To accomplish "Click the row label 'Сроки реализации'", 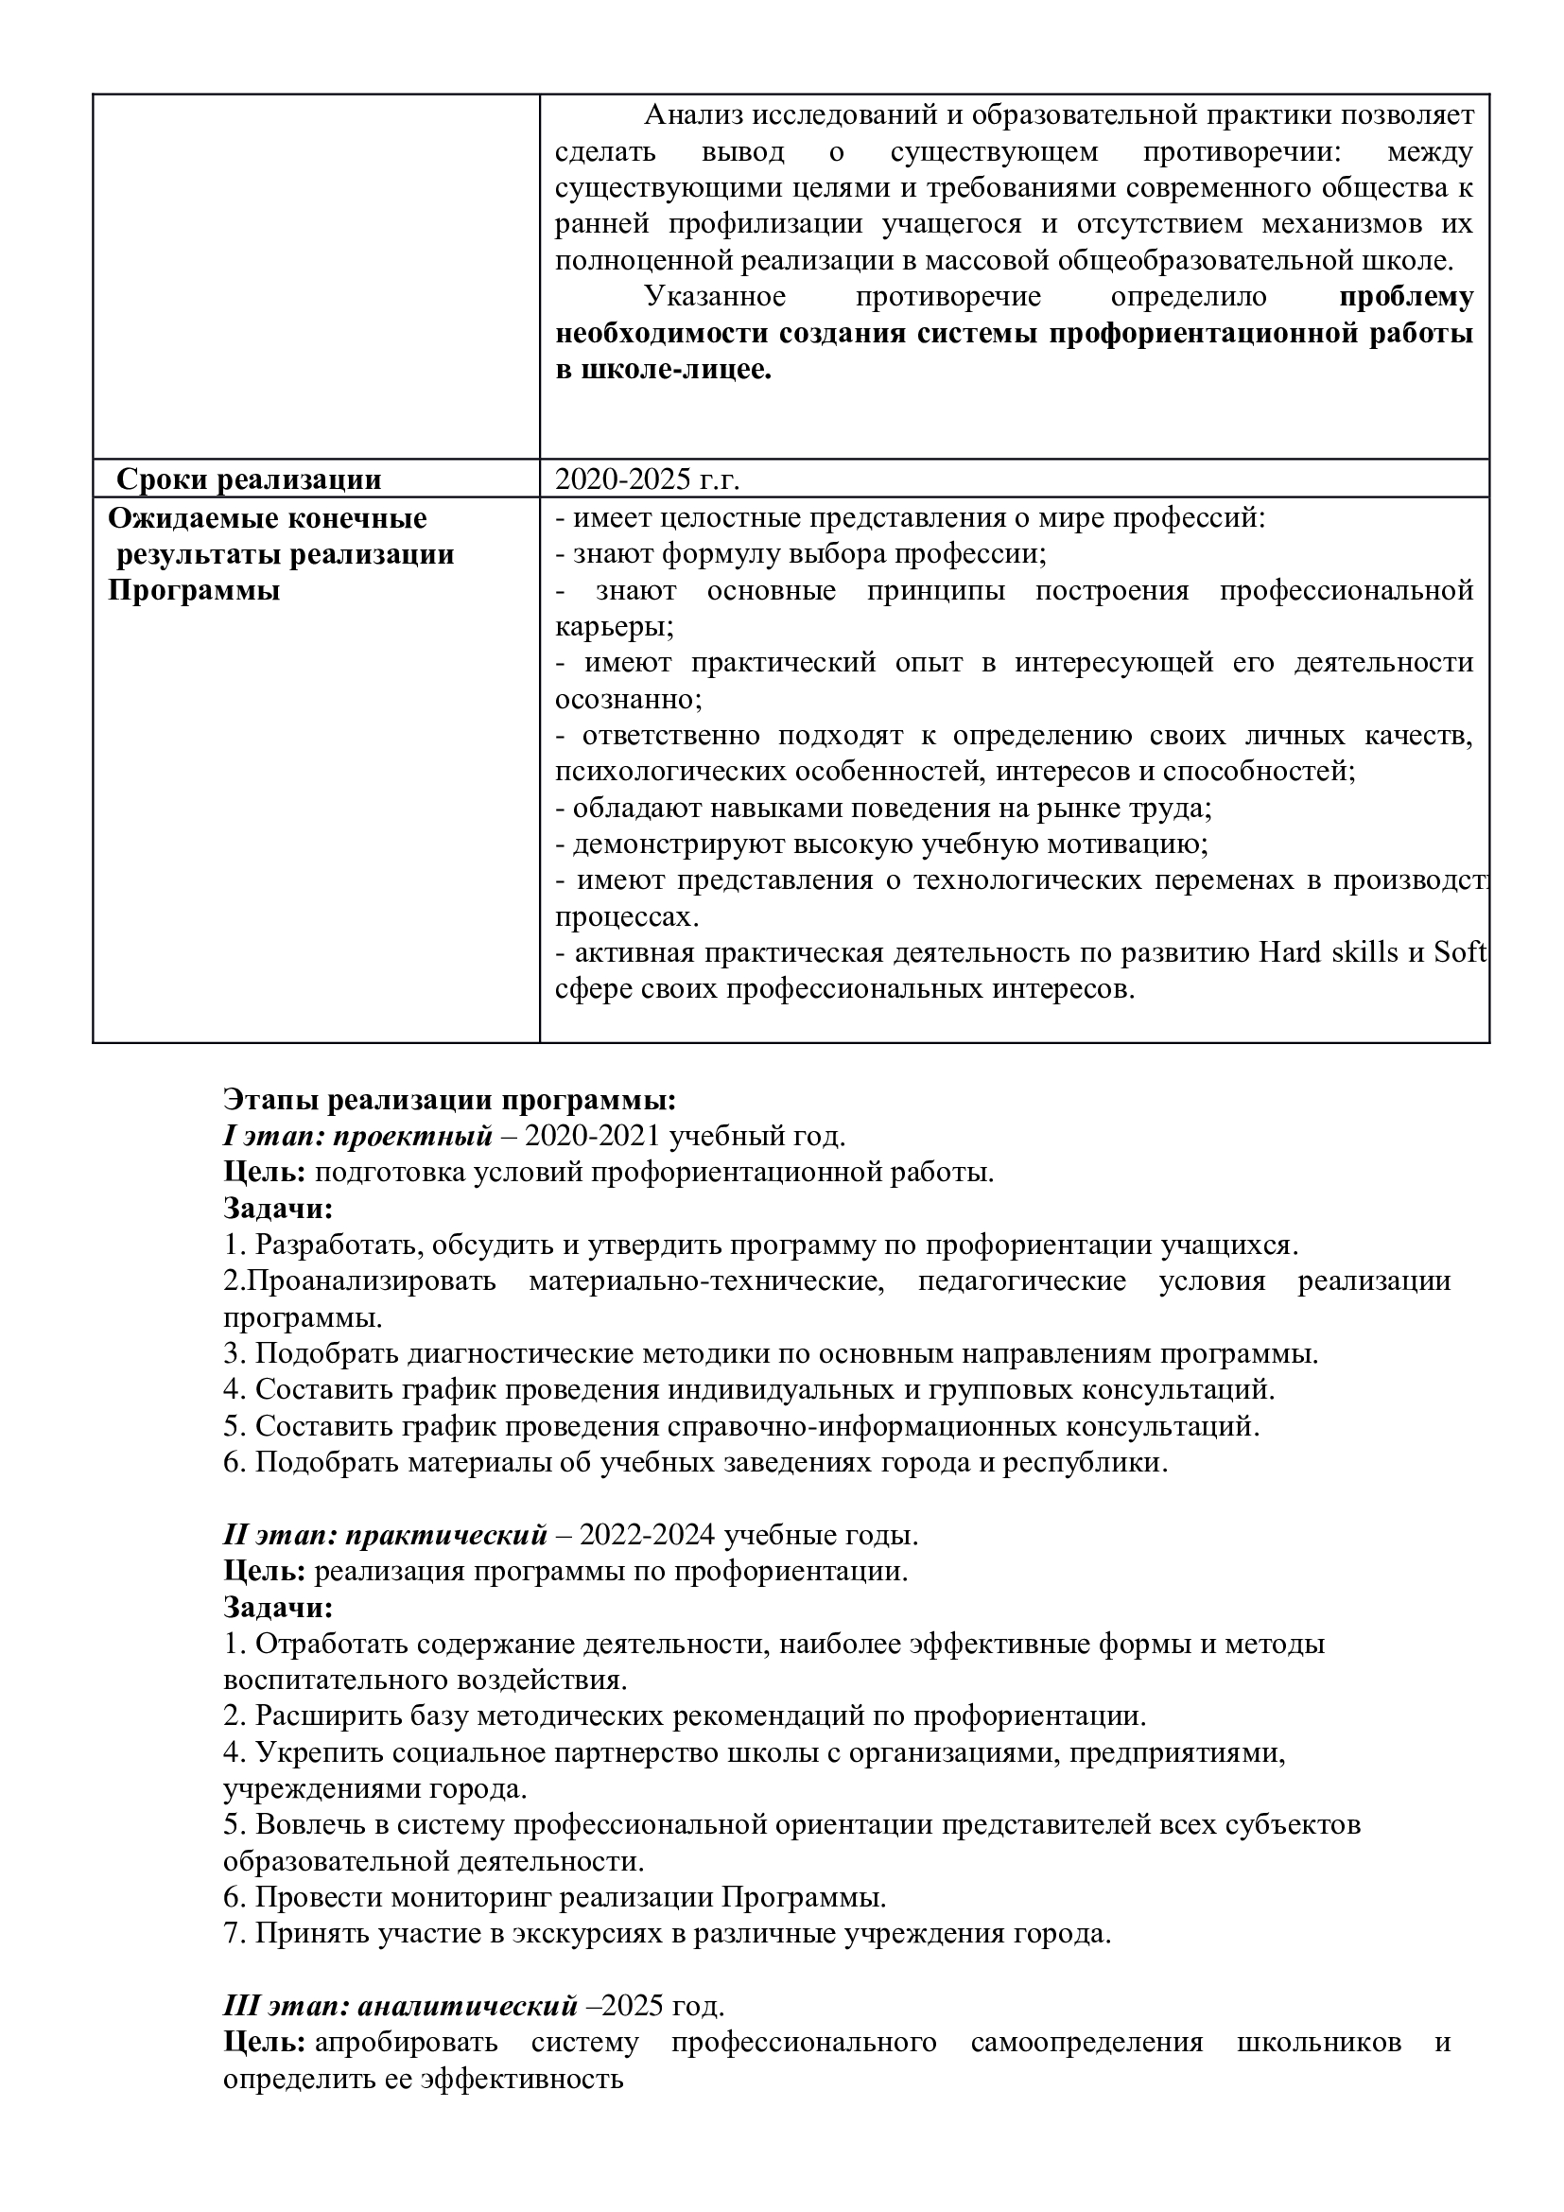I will pos(249,479).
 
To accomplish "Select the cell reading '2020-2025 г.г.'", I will pos(647,479).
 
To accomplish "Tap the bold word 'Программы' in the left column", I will pos(194,590).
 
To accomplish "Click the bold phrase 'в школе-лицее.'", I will pos(664,371).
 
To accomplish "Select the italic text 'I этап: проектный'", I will pos(357,1136).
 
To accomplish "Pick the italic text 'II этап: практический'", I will pos(385,1534).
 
